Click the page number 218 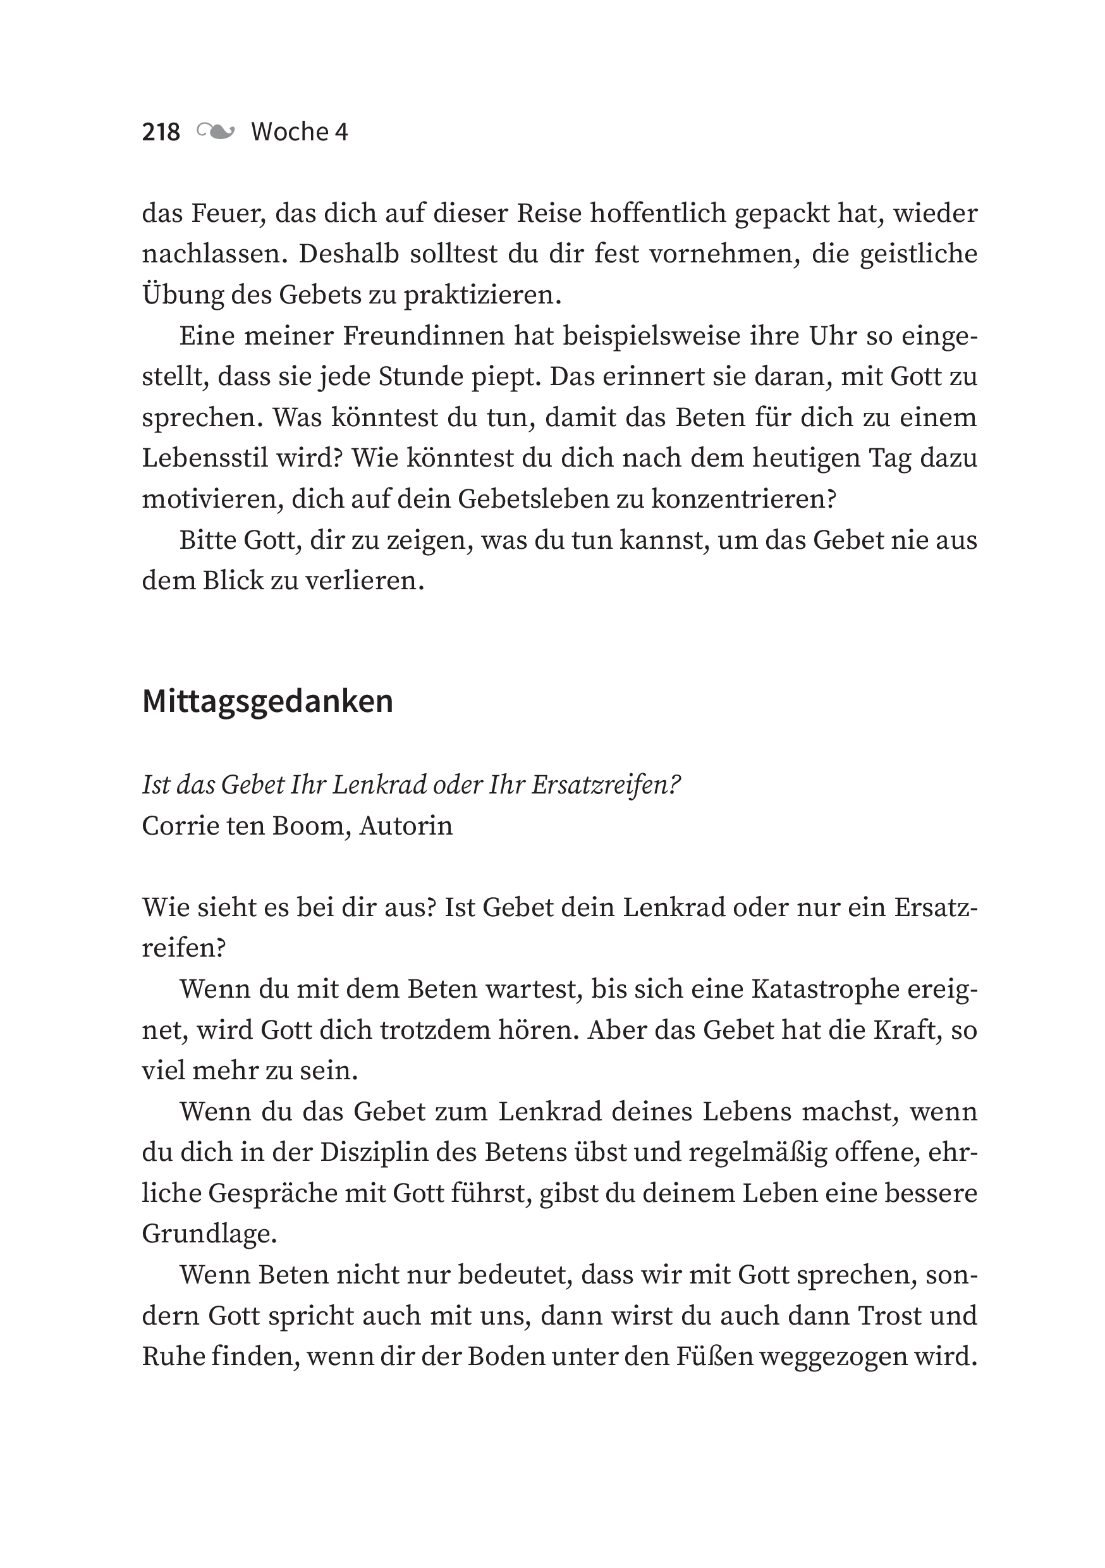(161, 132)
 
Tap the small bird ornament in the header (216, 131)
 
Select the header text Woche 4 (299, 132)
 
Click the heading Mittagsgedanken (267, 701)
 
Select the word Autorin (406, 826)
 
